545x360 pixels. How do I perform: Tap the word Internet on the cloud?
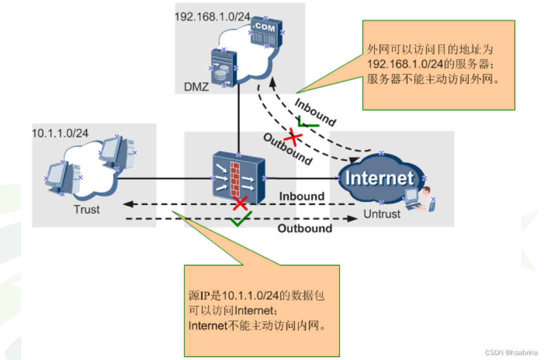(380, 178)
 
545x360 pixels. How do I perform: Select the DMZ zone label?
(196, 87)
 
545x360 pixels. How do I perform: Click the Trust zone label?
(87, 209)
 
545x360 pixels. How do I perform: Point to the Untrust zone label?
(382, 214)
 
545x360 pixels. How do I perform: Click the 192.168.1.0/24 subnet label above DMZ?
(212, 17)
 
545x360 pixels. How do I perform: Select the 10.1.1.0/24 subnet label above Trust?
(60, 133)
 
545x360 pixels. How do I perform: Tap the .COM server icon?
(266, 32)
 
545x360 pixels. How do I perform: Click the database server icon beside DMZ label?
(223, 68)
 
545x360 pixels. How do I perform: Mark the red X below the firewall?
(240, 203)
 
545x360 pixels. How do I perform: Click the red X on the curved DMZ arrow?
(293, 137)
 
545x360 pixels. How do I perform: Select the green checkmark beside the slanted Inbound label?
(307, 122)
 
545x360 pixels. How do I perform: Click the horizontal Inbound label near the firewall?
(302, 196)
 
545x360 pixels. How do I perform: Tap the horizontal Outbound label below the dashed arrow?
(305, 228)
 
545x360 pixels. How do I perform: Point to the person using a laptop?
(420, 199)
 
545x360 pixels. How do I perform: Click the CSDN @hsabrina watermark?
(511, 352)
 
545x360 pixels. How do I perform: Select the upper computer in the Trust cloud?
(117, 153)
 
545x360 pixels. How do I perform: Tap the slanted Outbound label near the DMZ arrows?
(288, 149)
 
